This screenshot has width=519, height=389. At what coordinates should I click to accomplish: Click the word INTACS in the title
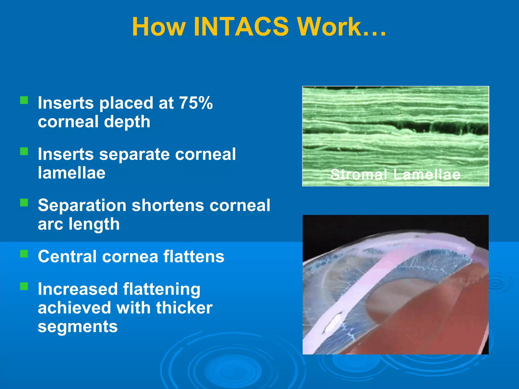[241, 27]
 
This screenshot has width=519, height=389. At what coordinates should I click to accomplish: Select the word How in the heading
[159, 27]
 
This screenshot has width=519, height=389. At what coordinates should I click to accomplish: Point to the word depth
[127, 122]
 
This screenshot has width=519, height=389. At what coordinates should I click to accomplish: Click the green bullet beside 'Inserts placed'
[24, 100]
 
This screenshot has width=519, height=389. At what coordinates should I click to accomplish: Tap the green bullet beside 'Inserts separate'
[24, 151]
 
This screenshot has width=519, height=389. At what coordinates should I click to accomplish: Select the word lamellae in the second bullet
[71, 173]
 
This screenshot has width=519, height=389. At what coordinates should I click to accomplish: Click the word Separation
[82, 205]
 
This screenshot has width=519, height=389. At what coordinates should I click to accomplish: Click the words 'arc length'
[79, 224]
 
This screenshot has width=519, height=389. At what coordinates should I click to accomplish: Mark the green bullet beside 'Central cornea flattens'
[24, 254]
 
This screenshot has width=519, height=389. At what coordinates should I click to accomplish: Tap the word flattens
[194, 257]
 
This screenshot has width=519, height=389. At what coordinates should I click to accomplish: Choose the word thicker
[184, 308]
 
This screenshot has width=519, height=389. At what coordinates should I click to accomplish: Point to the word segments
[78, 326]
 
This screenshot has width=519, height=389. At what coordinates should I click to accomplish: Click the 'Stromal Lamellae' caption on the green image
[395, 174]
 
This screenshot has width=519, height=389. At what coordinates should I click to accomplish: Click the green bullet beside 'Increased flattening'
[24, 286]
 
